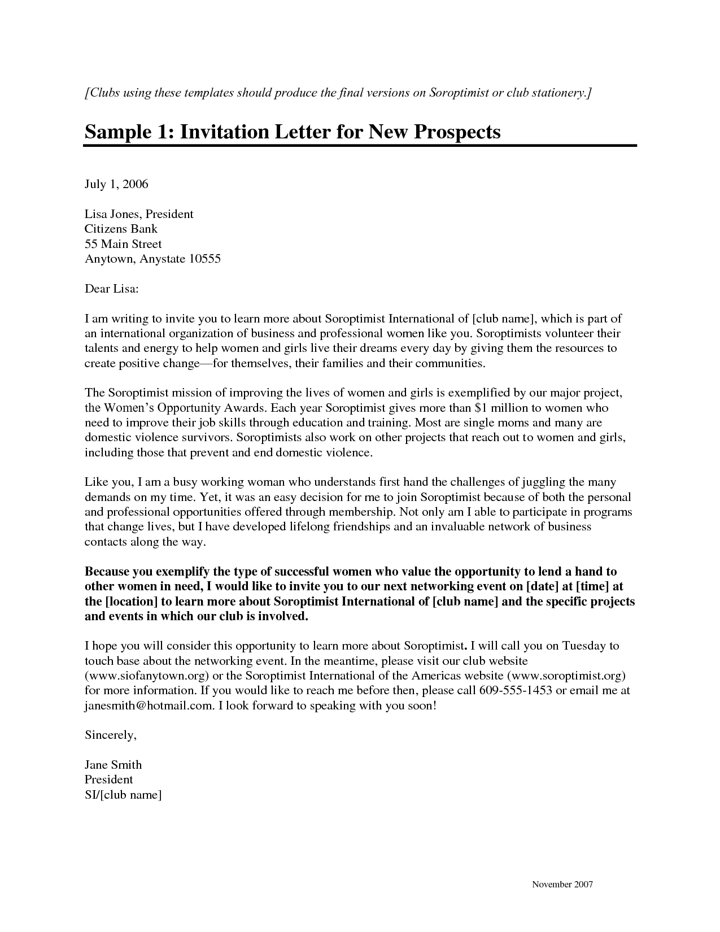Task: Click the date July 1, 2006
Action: point(116,184)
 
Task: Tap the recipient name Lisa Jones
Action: point(112,214)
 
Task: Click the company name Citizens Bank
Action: point(121,229)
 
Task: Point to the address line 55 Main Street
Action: point(123,244)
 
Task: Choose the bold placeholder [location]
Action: point(131,602)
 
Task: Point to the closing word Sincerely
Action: point(110,735)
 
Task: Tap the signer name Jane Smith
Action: point(113,765)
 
